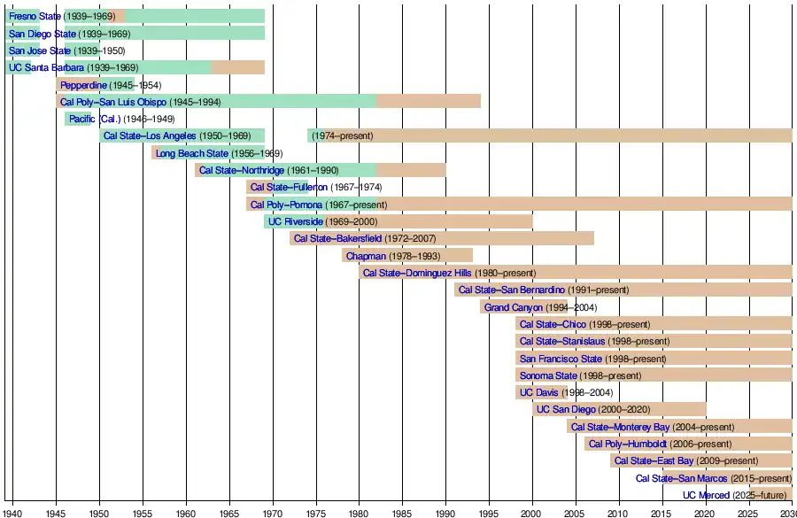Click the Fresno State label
[35, 16]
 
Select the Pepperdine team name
[83, 85]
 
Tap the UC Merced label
[707, 496]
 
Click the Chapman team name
[366, 256]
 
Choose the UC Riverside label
[296, 221]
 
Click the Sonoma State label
[547, 375]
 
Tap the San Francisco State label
[561, 359]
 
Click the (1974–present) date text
[342, 136]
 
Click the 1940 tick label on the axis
[12, 512]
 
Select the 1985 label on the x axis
[402, 512]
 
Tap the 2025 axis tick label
[748, 512]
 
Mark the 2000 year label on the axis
[531, 512]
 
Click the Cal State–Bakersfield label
[337, 238]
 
